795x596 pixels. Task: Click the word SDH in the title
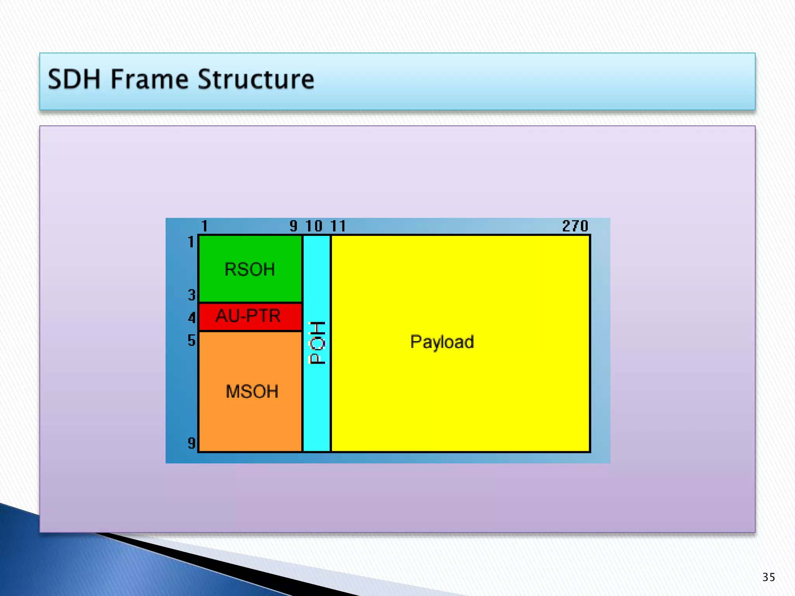pos(74,80)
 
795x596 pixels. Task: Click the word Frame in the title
pos(149,80)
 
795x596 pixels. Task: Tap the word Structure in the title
pos(256,80)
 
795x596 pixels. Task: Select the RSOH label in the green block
pos(250,269)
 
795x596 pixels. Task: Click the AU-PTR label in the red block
pos(248,316)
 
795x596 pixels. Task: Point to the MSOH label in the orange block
pos(252,392)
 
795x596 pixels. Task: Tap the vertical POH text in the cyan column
pos(317,343)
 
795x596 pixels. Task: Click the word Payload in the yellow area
pos(442,342)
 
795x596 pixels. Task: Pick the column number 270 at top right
pos(575,226)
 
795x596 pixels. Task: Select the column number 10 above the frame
pos(314,226)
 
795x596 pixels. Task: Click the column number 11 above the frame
pos(338,226)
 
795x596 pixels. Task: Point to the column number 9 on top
pos(293,226)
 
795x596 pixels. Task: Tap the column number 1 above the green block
pos(205,226)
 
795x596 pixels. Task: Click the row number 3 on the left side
pos(191,295)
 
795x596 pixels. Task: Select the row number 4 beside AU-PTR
pos(191,318)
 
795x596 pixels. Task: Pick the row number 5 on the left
pos(191,340)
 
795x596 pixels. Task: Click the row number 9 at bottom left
pos(191,443)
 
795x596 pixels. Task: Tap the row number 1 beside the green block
pos(191,242)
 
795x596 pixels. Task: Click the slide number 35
pos(769,577)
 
